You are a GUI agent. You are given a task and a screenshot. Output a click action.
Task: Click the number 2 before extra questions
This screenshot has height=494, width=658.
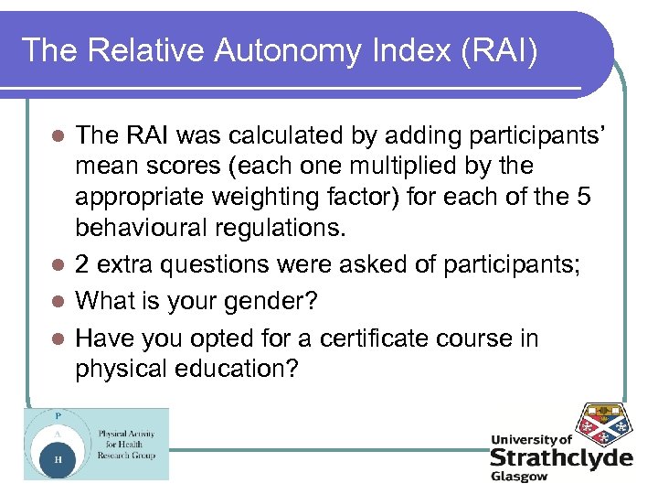coord(83,264)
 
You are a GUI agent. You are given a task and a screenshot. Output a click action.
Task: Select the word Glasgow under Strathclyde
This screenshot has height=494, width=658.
coord(520,477)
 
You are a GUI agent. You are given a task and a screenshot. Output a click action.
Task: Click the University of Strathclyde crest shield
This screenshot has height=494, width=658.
coord(600,425)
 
